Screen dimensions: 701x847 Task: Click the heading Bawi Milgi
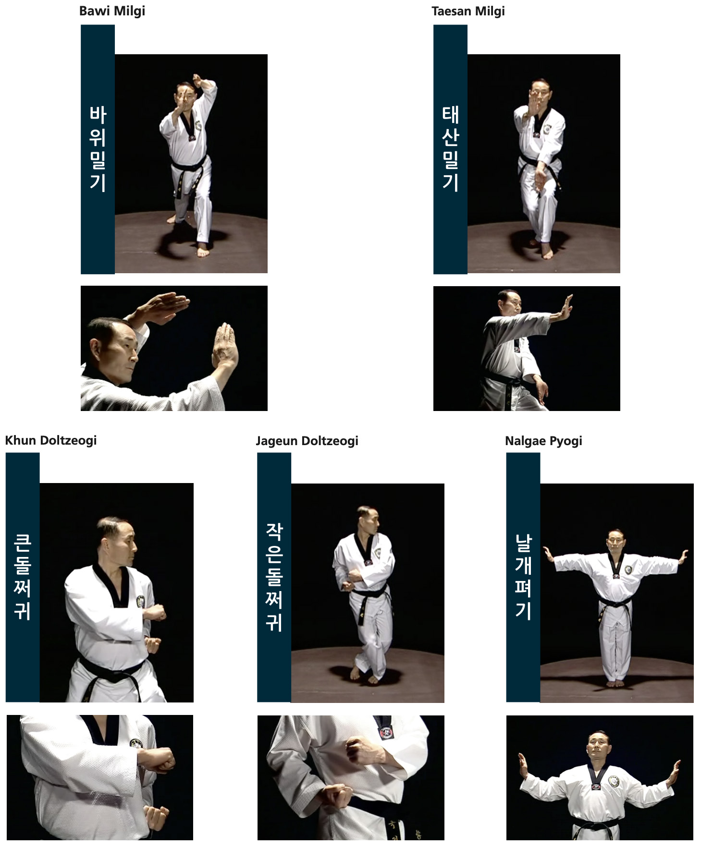click(x=112, y=12)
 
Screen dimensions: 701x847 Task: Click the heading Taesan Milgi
click(x=468, y=12)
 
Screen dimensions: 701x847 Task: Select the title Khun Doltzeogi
click(x=51, y=441)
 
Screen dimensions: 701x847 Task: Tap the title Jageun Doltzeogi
click(x=307, y=441)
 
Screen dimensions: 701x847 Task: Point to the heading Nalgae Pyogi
click(x=543, y=441)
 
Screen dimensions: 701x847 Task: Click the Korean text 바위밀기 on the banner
click(x=98, y=149)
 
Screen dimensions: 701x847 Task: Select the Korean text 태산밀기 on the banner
click(x=450, y=149)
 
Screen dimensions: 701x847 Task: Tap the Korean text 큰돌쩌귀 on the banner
click(x=23, y=577)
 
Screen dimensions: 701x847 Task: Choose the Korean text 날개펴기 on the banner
click(x=523, y=577)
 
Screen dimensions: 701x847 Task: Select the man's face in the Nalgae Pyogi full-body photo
click(x=616, y=542)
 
